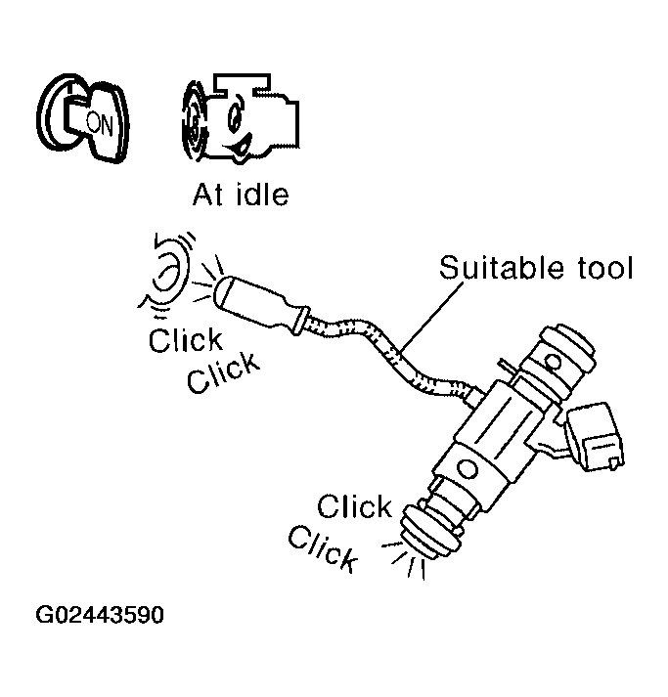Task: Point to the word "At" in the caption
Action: (208, 194)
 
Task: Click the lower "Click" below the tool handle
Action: (224, 372)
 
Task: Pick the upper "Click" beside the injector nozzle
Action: (355, 506)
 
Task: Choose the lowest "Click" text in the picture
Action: (323, 548)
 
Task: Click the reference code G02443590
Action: (101, 617)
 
